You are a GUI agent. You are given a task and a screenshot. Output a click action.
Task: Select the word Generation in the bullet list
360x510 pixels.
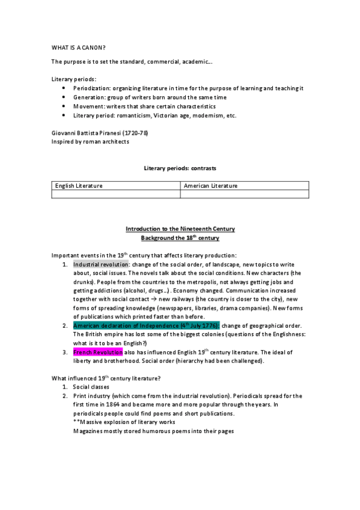tap(88, 97)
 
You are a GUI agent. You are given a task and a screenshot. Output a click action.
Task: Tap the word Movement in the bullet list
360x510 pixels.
tap(88, 106)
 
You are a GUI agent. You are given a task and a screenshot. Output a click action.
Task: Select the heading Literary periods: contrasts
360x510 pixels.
tap(180, 168)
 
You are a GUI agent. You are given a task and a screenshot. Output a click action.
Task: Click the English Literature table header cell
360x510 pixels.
tap(79, 186)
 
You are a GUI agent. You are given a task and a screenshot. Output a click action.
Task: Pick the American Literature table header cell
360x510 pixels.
tap(211, 186)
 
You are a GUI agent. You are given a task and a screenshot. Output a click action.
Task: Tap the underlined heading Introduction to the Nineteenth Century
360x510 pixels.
tap(180, 229)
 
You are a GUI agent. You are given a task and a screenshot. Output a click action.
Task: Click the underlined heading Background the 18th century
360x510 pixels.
tap(180, 238)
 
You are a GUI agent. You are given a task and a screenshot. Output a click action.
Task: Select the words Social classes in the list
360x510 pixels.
tap(93, 387)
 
